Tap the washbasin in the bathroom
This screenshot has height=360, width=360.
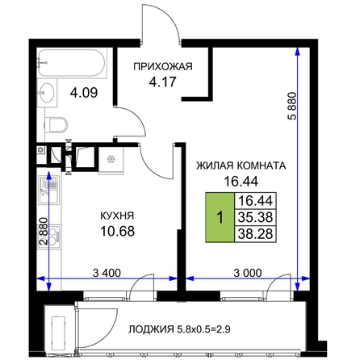point(47,93)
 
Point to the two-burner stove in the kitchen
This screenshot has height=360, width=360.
point(50,237)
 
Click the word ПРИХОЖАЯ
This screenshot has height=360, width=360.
point(163,66)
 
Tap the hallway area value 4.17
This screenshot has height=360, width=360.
point(162,82)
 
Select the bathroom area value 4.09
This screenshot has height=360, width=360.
point(84,93)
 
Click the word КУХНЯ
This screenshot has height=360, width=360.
point(117,216)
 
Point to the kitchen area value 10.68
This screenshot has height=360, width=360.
point(117,231)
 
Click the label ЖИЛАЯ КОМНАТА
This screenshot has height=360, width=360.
point(241,165)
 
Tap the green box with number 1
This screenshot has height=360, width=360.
point(220,217)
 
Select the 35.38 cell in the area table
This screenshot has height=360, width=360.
point(256,217)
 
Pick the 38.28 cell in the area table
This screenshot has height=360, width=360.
point(256,234)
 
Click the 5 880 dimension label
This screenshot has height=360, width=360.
point(291,106)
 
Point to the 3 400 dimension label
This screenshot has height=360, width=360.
point(107,273)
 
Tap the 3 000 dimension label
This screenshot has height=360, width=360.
point(248,273)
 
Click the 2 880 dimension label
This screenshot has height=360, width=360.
point(44,231)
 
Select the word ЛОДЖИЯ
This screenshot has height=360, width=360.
point(151,329)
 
